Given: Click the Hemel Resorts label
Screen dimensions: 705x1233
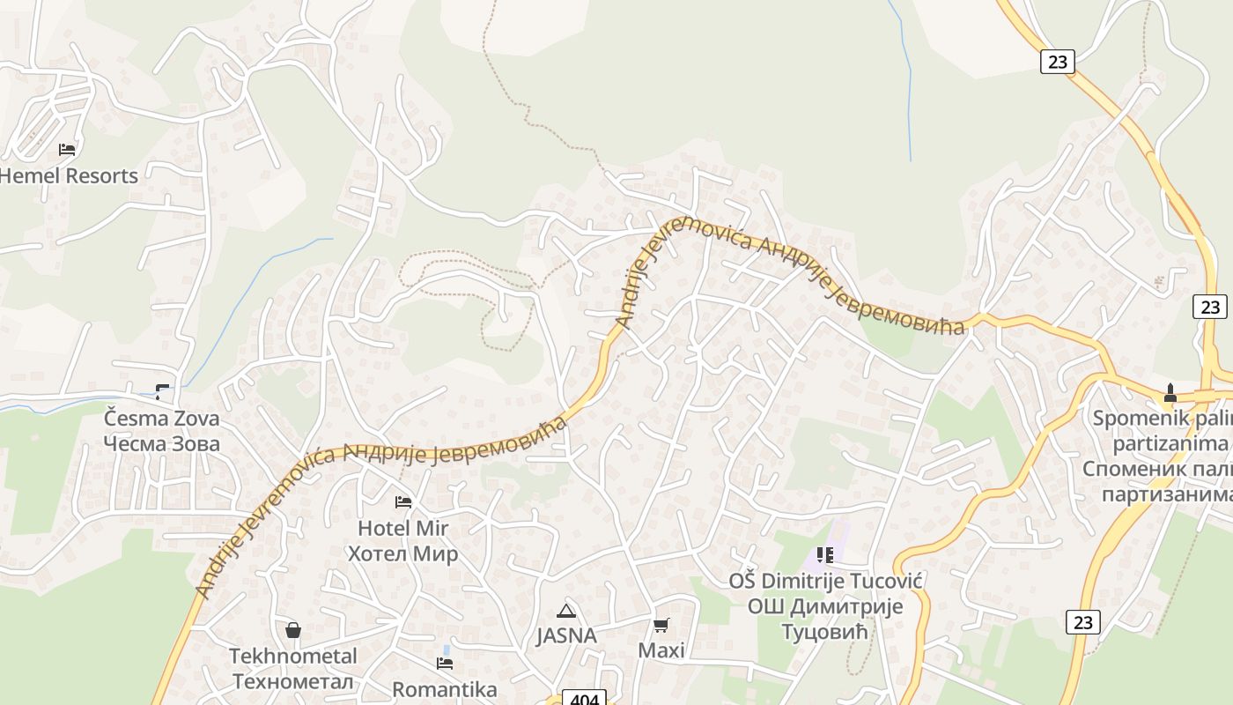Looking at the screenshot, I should [x=69, y=175].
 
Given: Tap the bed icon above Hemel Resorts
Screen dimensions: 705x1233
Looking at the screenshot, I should [x=67, y=149].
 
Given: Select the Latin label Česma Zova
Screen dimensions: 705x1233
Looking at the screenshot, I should [x=161, y=418].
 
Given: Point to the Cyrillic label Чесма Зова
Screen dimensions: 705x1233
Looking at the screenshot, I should [x=161, y=443].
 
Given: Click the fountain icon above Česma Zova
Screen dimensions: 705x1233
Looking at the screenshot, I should [x=161, y=390].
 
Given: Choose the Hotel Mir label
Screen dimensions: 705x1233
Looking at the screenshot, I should [x=402, y=528].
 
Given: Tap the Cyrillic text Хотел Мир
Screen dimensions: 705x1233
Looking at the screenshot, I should [x=402, y=553].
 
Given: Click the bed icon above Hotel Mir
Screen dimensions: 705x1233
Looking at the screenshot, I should [x=403, y=502].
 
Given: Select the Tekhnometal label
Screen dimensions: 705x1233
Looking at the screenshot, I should [x=293, y=656].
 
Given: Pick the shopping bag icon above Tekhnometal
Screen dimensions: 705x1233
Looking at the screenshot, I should [x=293, y=630].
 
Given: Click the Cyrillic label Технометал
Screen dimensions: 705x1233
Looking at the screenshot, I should [x=293, y=681].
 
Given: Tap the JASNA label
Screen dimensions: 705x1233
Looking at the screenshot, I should [x=566, y=635].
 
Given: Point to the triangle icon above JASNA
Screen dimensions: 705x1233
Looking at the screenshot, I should [x=566, y=611].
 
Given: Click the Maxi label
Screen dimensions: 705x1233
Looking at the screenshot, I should [x=661, y=650].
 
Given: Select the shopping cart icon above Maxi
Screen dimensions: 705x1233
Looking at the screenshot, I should [x=661, y=625].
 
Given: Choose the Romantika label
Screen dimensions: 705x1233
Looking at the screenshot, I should [x=445, y=688].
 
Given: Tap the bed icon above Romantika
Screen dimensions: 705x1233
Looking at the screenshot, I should [x=445, y=663].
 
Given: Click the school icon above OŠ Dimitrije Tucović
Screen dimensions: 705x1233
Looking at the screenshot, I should [x=825, y=555].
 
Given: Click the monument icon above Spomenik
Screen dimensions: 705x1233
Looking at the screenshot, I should [x=1170, y=392].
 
